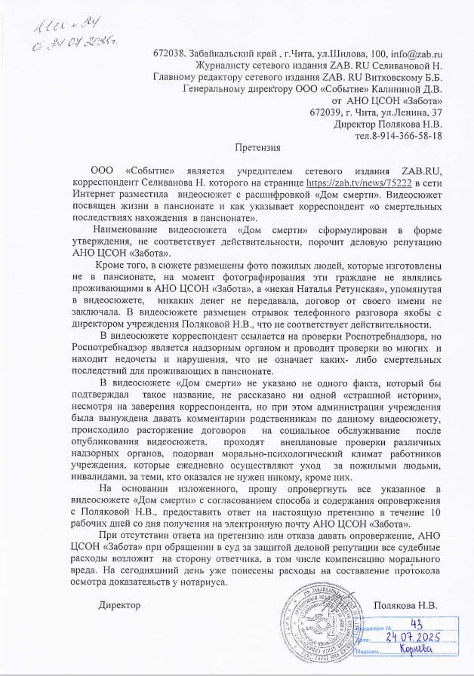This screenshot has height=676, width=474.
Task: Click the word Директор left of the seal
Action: (120, 606)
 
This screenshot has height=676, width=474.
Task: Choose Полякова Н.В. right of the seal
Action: (407, 606)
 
